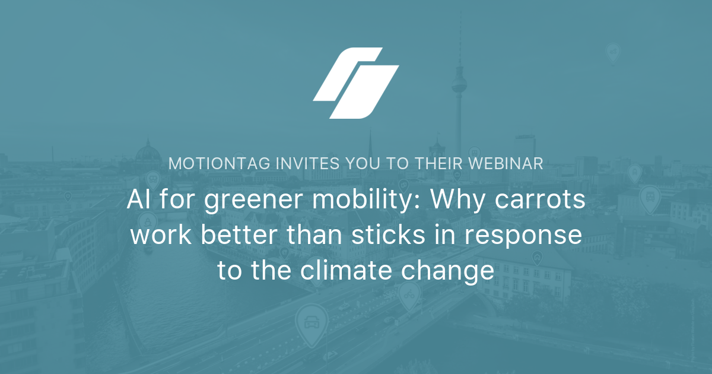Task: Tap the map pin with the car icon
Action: tap(311, 324)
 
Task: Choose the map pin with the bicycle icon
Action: tap(409, 294)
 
